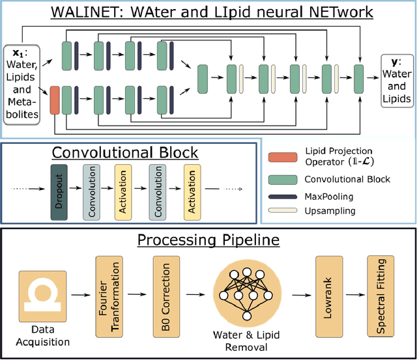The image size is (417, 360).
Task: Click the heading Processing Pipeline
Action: pyautogui.click(x=208, y=240)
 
